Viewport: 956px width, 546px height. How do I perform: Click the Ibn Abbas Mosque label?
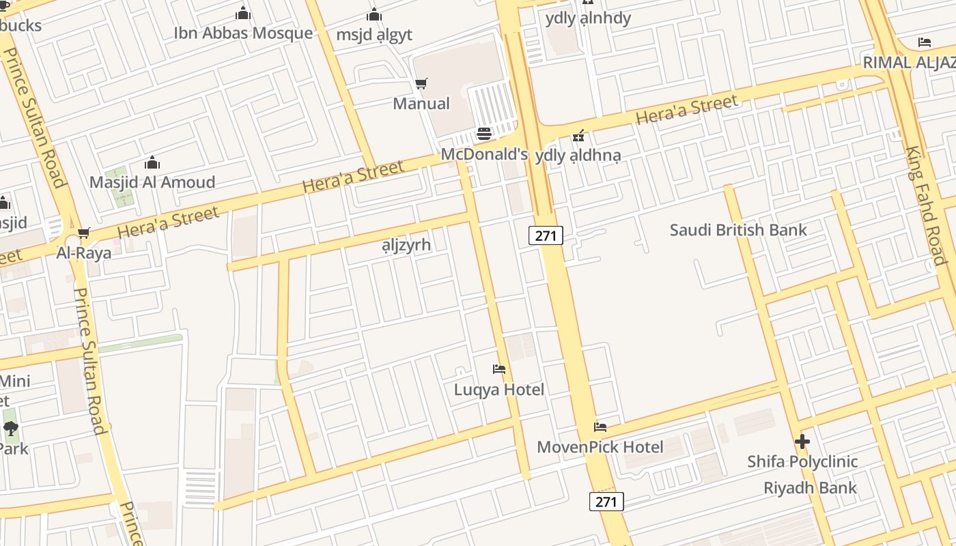243,33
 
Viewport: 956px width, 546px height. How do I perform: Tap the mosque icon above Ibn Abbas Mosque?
243,14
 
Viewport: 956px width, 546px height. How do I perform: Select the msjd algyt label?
374,34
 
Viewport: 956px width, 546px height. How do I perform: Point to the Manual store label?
421,104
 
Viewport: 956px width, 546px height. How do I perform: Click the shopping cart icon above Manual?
421,84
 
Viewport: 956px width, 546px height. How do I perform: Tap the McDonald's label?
484,154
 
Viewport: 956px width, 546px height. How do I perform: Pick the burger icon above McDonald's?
484,134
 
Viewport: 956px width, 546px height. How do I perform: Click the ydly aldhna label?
578,156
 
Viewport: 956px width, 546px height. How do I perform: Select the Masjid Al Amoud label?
152,182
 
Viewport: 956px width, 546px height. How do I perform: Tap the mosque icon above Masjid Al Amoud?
152,163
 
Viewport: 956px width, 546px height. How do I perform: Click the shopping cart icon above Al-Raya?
84,233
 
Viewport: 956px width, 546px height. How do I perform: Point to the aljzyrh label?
406,245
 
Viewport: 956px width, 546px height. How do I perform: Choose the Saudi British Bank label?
738,230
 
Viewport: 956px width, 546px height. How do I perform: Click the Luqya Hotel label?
499,390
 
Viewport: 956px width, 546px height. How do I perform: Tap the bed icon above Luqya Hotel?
499,369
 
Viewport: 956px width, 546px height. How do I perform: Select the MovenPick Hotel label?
600,447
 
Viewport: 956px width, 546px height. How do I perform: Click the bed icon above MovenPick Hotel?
600,427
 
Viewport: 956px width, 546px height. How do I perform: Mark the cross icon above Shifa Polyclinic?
802,442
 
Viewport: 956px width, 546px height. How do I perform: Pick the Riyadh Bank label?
810,488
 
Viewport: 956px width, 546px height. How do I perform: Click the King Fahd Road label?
926,205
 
